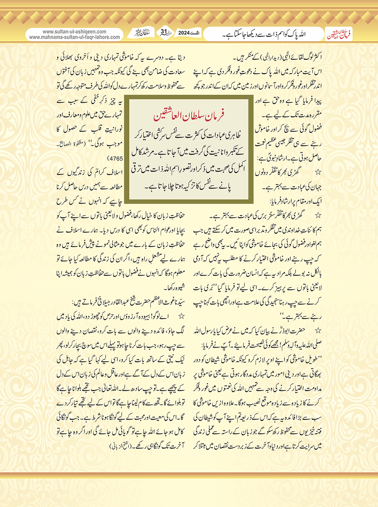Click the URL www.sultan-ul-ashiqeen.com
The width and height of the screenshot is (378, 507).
coord(74,32)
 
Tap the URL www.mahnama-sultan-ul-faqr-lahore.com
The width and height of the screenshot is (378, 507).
coord(74,37)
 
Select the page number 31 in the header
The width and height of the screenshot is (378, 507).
coord(164,32)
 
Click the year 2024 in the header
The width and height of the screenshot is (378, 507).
coord(184,33)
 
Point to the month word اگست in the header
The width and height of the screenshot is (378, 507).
coord(196,33)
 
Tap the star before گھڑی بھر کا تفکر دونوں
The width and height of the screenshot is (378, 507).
coord(318,172)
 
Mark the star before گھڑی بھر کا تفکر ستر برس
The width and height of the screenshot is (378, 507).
coord(318,215)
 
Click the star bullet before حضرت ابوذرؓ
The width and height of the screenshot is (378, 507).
coord(318,331)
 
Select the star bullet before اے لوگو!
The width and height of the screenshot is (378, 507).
coord(181,317)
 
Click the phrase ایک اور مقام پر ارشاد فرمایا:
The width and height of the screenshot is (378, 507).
coord(296,201)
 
